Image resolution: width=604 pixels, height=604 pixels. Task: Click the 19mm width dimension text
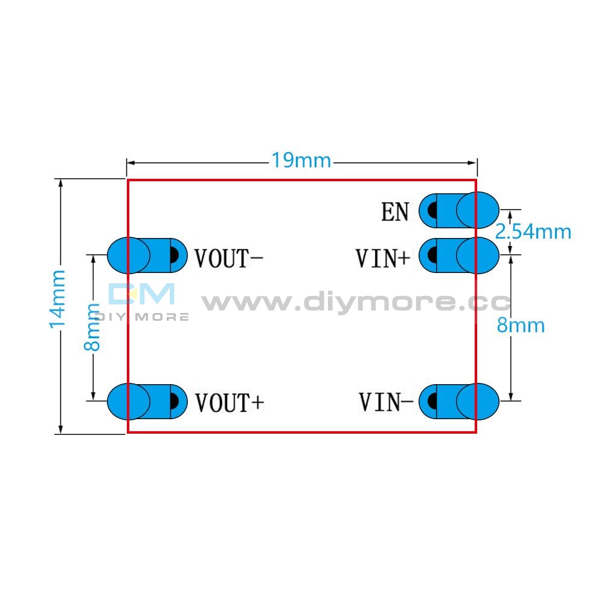[x=301, y=161]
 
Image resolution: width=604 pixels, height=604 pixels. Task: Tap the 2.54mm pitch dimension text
[x=533, y=231]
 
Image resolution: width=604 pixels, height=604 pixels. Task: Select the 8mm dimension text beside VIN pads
[x=521, y=326]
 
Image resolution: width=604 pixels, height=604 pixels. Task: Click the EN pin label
[x=395, y=211]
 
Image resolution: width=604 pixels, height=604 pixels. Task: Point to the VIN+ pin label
[x=382, y=258]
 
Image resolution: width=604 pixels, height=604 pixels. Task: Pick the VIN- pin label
[x=386, y=402]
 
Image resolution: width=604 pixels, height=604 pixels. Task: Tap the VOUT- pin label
[x=228, y=258]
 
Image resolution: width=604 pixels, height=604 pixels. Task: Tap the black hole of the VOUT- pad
[x=175, y=255]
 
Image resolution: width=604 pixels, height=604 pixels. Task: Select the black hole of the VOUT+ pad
[x=175, y=401]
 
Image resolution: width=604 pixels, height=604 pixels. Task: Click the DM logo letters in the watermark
[x=141, y=295]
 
